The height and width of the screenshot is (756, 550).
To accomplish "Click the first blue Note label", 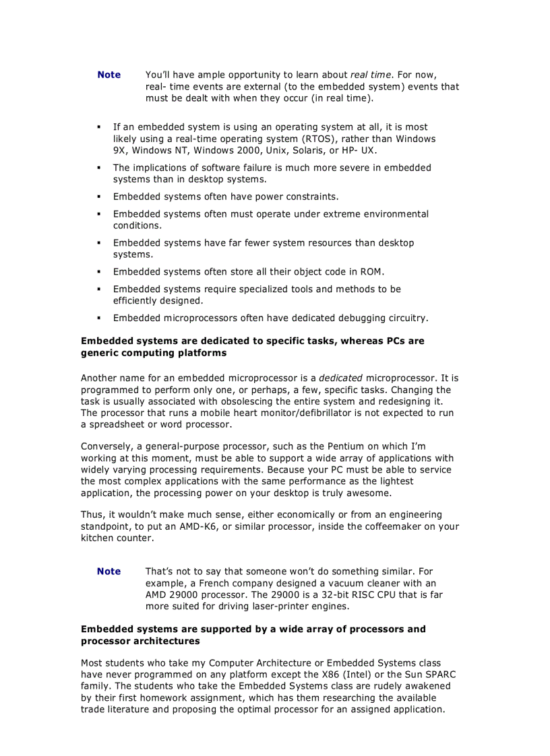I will pos(109,75).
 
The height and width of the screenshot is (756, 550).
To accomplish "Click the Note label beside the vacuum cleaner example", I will pos(109,572).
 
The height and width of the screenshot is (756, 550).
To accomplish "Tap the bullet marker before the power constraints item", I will pos(98,197).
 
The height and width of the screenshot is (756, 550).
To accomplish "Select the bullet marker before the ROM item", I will pos(98,272).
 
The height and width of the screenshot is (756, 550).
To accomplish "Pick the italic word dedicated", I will pos(340,378).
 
